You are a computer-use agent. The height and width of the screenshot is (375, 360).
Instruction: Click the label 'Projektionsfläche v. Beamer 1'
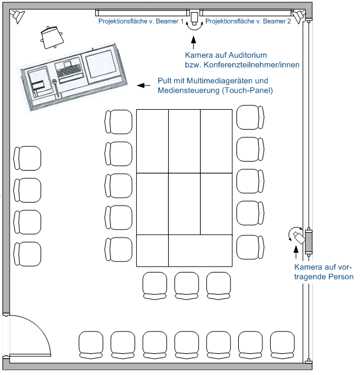coord(141,21)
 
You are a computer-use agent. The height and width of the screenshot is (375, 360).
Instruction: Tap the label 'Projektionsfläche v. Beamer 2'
coord(248,21)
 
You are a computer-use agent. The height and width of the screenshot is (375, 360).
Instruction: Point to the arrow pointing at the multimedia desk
coord(144,85)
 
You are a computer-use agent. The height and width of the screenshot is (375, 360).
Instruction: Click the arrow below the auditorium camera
coord(194,43)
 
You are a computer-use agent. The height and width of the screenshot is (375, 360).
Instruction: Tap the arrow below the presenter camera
coord(296,252)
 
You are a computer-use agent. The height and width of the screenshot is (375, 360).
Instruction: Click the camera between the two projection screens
coord(194,18)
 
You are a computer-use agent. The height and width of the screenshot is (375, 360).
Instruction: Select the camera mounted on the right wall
coord(299,236)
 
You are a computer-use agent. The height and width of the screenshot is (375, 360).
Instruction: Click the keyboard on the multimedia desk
coord(69,71)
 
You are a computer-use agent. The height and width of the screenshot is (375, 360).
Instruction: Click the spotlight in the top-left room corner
coord(17,16)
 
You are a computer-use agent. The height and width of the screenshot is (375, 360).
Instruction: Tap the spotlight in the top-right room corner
coord(298,16)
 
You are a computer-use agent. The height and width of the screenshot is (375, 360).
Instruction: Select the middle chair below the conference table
coord(186,286)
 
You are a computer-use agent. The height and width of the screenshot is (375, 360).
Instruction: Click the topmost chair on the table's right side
coord(250,117)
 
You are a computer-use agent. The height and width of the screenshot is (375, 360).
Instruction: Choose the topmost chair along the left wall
coord(27,159)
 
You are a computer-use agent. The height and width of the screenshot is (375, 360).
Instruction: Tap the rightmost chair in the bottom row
coord(282,345)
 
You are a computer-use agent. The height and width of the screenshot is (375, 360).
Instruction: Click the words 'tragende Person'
coord(324,277)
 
